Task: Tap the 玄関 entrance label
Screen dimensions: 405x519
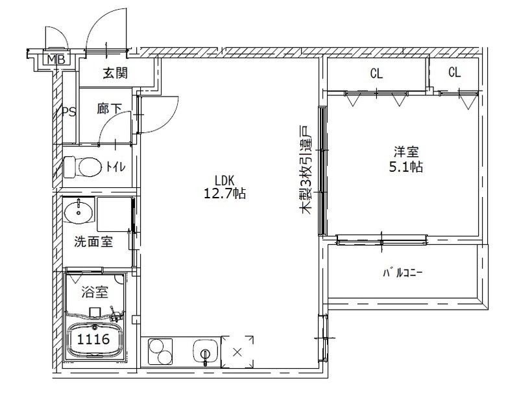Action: click(115, 73)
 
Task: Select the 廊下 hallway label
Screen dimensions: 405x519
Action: click(110, 109)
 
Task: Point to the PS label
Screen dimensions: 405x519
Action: click(69, 112)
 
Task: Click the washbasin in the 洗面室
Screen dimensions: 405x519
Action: click(78, 211)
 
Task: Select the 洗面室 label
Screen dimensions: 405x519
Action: click(93, 242)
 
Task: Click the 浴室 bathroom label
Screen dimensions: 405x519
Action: click(94, 292)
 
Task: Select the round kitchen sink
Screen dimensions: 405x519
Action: click(206, 354)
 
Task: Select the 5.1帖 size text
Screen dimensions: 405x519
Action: click(407, 167)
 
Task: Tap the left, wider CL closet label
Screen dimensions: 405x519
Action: click(376, 74)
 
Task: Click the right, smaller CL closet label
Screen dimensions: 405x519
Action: click(454, 73)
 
